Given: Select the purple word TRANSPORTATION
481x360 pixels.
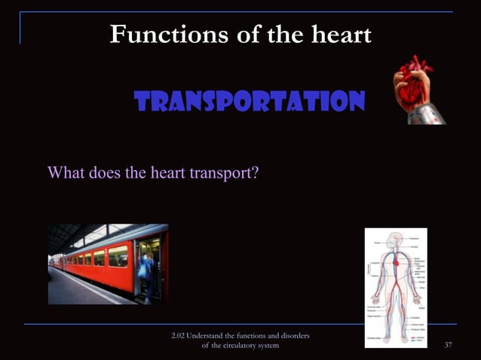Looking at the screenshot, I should (x=250, y=100).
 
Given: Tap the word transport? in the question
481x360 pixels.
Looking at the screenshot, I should (x=224, y=172).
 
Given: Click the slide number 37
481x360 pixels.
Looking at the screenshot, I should (x=449, y=345).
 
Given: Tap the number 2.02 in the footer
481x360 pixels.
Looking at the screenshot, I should (x=179, y=334).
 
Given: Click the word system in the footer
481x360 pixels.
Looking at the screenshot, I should (x=268, y=345).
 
